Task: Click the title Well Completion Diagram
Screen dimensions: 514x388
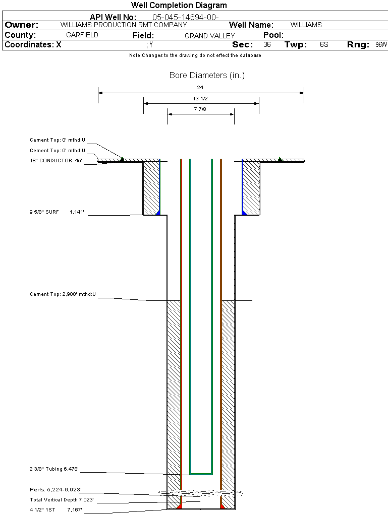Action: point(179,6)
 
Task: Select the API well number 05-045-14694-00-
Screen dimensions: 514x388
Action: point(185,17)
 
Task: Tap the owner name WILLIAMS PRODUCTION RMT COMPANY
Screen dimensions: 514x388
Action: point(123,25)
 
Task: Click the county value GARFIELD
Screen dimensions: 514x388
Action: point(82,35)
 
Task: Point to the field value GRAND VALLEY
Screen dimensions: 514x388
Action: point(210,36)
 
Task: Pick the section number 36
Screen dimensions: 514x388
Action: point(267,45)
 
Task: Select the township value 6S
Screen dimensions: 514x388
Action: point(324,45)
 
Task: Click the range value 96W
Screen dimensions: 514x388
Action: point(381,45)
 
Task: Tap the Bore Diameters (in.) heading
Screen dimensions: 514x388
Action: point(207,76)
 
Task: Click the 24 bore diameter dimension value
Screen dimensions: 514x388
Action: point(200,87)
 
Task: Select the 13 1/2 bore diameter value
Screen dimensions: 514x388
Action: point(200,98)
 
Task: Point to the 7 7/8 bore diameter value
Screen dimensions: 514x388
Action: point(200,109)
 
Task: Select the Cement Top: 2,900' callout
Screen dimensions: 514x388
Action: point(63,294)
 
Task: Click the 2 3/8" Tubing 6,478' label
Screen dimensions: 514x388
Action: point(54,469)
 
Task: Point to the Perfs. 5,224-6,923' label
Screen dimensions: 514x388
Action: point(56,489)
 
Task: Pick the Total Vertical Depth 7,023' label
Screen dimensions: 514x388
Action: point(62,500)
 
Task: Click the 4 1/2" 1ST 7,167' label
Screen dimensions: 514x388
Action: point(56,510)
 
